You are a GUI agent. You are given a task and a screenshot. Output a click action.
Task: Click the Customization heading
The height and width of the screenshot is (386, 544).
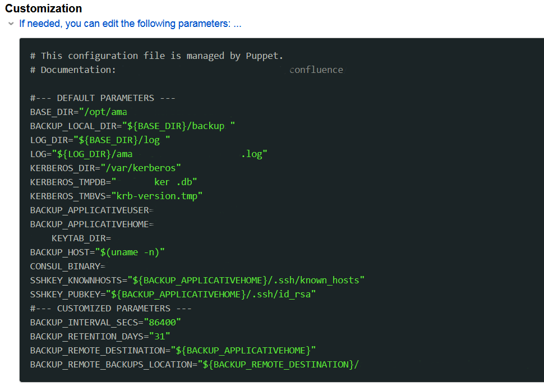(43, 8)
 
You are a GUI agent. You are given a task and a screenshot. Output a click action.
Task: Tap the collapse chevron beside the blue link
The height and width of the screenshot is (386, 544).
(11, 24)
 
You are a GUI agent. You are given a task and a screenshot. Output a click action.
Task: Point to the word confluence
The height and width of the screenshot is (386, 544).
(316, 70)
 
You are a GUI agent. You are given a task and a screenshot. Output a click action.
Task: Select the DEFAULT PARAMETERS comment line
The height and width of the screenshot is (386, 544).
(103, 98)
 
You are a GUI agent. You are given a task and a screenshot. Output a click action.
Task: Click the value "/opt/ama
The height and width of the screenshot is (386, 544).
(103, 112)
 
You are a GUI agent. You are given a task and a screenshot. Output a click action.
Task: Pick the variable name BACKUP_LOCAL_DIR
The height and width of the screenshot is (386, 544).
(73, 126)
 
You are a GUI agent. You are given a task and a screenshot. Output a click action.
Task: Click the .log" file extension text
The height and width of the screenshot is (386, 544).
(254, 154)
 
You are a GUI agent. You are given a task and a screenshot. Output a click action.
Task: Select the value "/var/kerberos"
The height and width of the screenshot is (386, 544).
(141, 168)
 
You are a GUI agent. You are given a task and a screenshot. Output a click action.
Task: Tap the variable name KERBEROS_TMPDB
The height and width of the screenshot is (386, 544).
(68, 182)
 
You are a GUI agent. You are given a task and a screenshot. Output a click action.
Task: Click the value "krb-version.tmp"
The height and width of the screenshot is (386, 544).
(157, 196)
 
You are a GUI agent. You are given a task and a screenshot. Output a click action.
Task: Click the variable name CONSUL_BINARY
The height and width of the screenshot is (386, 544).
(65, 266)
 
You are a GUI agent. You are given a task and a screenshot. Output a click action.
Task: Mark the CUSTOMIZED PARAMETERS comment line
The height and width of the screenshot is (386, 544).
(110, 308)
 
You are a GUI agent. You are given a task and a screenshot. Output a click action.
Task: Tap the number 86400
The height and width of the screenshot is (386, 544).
(163, 323)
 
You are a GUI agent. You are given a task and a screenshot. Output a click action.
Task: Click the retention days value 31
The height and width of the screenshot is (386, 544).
(160, 337)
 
